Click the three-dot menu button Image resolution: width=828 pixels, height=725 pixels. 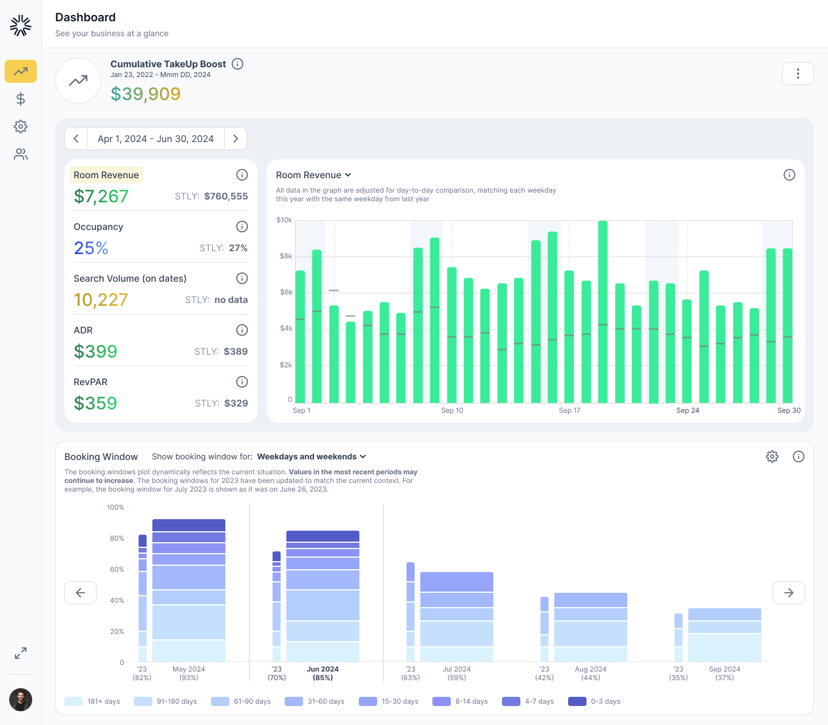click(798, 74)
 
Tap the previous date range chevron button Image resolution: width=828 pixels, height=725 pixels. click(76, 139)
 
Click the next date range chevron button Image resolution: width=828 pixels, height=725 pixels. click(235, 139)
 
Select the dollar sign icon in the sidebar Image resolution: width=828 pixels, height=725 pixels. click(21, 99)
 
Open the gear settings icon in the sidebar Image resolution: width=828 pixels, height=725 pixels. click(21, 126)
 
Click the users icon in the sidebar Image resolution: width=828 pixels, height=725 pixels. click(21, 154)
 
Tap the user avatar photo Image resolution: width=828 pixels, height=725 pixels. click(21, 700)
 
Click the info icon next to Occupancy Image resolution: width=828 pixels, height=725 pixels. click(242, 227)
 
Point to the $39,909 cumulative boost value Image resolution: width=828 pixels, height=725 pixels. click(145, 94)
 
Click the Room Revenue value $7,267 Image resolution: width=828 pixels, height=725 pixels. click(101, 197)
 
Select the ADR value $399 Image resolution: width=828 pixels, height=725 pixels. click(95, 351)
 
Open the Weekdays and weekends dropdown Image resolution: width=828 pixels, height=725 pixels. click(311, 457)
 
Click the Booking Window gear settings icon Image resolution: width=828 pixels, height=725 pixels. click(772, 457)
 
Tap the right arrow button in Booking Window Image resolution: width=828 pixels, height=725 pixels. click(788, 593)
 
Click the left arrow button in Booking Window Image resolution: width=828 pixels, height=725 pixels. click(80, 593)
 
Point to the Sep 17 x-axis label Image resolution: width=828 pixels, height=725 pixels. click(569, 411)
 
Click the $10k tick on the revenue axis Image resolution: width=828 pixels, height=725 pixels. click(284, 220)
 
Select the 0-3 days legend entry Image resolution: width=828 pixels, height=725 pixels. click(594, 701)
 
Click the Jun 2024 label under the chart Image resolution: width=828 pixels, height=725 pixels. click(323, 669)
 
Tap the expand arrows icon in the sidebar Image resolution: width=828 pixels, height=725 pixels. click(21, 653)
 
